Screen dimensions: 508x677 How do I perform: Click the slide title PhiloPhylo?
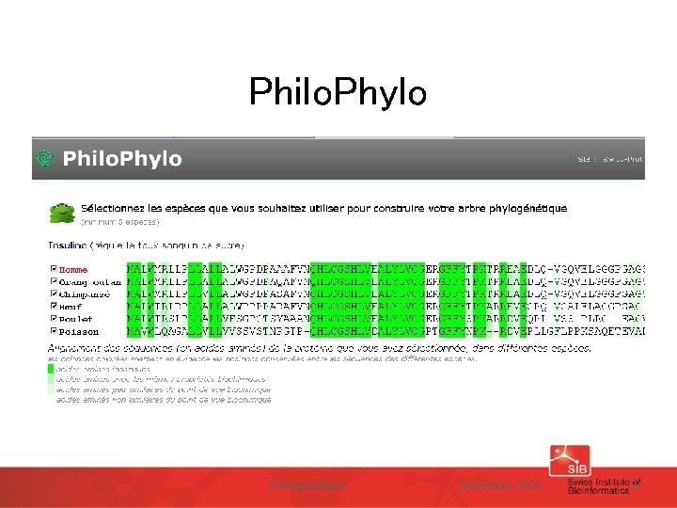(338, 92)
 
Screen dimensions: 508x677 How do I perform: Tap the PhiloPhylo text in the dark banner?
(122, 159)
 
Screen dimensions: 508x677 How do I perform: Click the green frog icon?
(62, 212)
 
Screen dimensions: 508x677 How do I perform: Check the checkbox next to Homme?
(53, 270)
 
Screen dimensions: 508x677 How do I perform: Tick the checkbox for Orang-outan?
(53, 281)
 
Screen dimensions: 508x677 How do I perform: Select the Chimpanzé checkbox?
(53, 294)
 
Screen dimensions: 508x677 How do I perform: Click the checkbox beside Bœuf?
(53, 306)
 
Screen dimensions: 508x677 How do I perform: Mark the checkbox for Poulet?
(53, 318)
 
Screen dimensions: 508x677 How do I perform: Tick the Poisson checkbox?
(53, 330)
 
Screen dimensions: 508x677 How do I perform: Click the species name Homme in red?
(72, 270)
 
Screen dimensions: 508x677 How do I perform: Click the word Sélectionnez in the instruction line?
(114, 208)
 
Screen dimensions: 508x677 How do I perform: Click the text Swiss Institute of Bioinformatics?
(604, 485)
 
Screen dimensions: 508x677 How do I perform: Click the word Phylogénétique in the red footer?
(307, 485)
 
